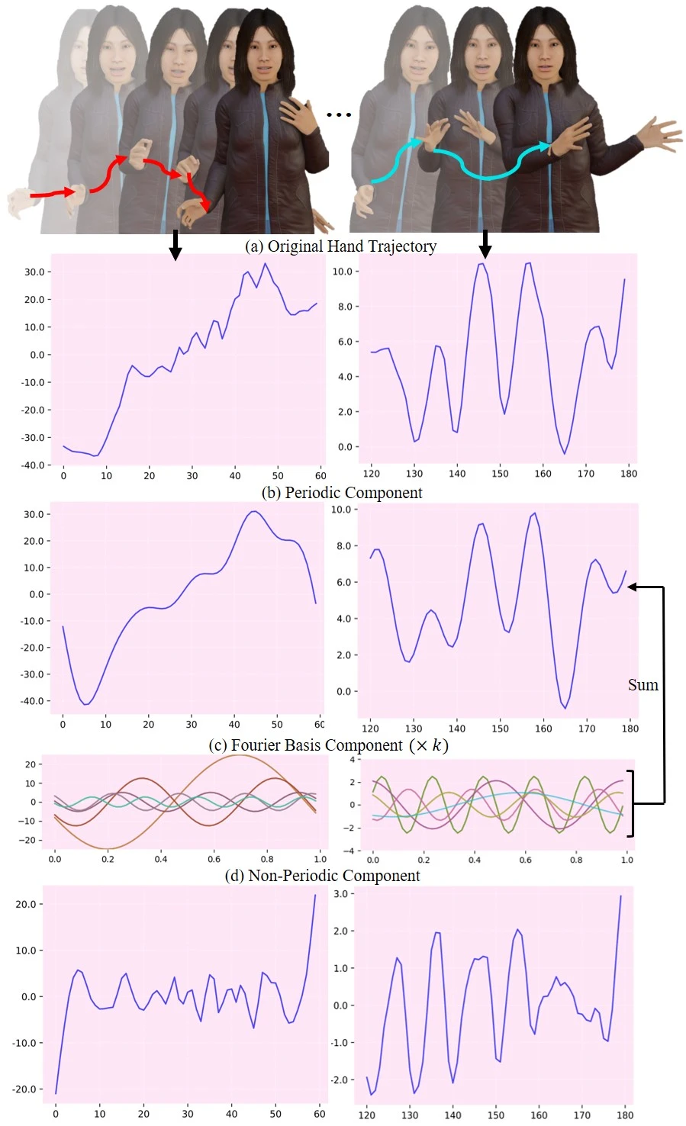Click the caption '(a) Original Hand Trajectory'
point(340,246)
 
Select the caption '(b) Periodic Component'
point(342,493)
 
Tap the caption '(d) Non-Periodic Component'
point(322,876)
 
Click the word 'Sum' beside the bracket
point(643,685)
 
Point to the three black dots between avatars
point(338,114)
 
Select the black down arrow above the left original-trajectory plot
point(176,245)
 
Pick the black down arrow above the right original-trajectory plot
point(485,245)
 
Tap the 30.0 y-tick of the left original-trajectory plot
point(34,272)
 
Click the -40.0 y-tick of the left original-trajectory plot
point(34,465)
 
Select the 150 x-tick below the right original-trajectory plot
point(500,474)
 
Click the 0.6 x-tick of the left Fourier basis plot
point(214,859)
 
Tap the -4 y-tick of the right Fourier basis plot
point(352,851)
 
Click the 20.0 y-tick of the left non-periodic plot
point(27,905)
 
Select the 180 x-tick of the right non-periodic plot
point(625,1115)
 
